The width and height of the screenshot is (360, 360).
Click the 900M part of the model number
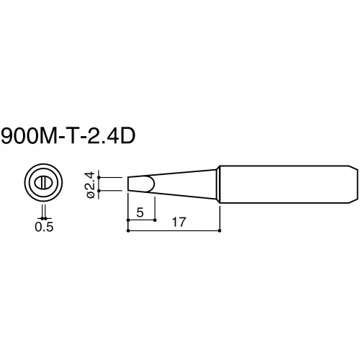tap(29, 135)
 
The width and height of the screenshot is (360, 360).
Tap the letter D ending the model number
tap(127, 135)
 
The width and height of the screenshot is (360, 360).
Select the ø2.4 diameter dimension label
tap(91, 185)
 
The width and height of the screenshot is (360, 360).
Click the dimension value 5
tap(140, 212)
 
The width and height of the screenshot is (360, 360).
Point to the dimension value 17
tap(179, 222)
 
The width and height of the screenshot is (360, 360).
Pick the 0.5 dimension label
tap(44, 227)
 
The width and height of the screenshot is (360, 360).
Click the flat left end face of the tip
tap(128, 184)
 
